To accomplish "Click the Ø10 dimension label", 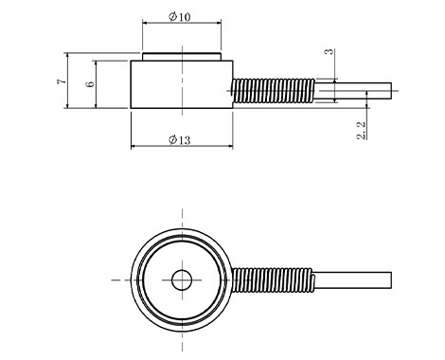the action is click(180, 16).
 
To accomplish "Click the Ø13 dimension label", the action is click(180, 139).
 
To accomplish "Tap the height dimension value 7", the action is click(62, 81).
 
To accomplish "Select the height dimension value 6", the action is click(90, 84).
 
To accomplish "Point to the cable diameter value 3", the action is click(329, 51).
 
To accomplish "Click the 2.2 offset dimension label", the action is click(362, 131).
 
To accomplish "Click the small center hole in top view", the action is click(182, 279).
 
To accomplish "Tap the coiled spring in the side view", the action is click(273, 91).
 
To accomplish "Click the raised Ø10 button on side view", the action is click(182, 57).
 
